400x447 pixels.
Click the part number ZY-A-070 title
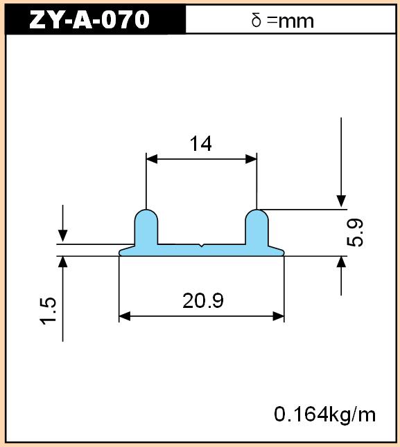(89, 19)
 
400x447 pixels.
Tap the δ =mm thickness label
(283, 21)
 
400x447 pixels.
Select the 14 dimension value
(201, 143)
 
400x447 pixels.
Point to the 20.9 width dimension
(203, 301)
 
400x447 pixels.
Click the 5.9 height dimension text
(355, 232)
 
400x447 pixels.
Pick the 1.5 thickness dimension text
(48, 311)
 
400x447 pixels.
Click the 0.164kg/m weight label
(325, 414)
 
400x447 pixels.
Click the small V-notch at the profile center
(202, 245)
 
